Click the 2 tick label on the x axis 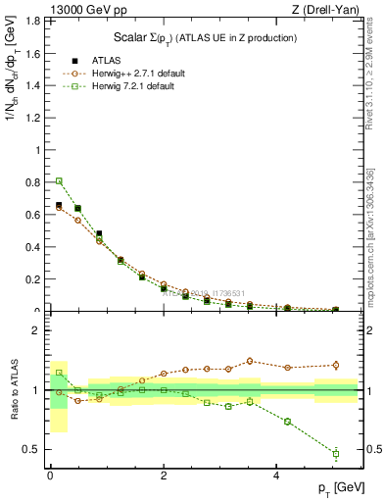pyautogui.click(x=164, y=475)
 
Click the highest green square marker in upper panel pyautogui.click(x=59, y=180)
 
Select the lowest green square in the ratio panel pyautogui.click(x=335, y=453)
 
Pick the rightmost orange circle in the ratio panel pyautogui.click(x=335, y=365)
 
